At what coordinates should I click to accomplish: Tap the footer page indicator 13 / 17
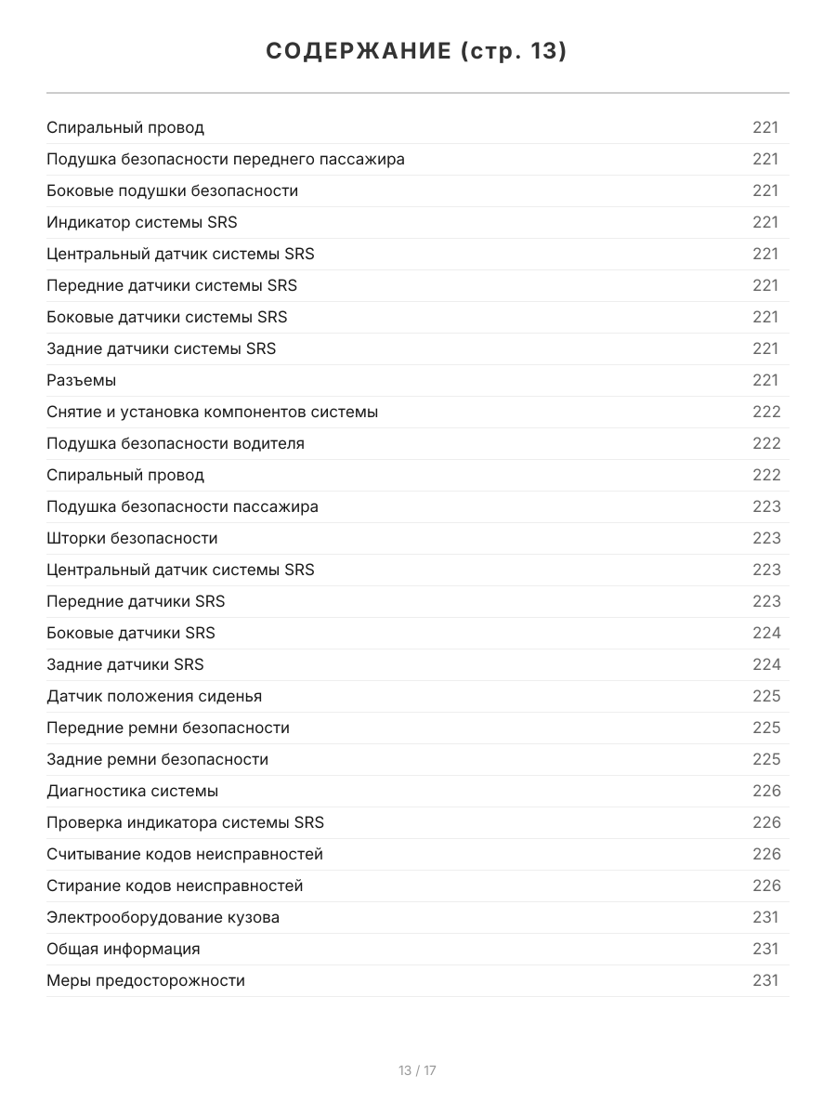click(x=417, y=1070)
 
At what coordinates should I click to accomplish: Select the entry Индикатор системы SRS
click(x=141, y=222)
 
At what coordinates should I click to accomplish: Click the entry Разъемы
click(x=81, y=380)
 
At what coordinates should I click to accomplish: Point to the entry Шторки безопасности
click(x=132, y=538)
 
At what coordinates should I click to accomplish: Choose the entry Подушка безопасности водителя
click(x=175, y=443)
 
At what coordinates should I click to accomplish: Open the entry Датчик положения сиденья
click(x=154, y=696)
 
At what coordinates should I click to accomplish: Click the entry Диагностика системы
click(x=132, y=791)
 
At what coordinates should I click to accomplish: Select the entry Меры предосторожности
click(x=145, y=980)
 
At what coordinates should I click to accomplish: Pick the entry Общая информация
click(x=123, y=949)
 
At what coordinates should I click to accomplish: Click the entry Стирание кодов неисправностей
click(x=175, y=885)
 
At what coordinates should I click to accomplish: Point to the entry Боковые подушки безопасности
click(x=172, y=190)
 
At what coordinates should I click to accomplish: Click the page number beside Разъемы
click(x=765, y=380)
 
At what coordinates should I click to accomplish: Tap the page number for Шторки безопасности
click(x=766, y=538)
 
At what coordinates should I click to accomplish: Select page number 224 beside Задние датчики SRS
click(x=766, y=664)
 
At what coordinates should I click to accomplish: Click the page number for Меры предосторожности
click(x=765, y=980)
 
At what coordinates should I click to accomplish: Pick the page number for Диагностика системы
click(x=766, y=791)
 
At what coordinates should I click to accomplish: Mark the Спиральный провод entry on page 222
click(x=124, y=475)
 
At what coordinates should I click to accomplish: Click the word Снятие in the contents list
click(x=73, y=412)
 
